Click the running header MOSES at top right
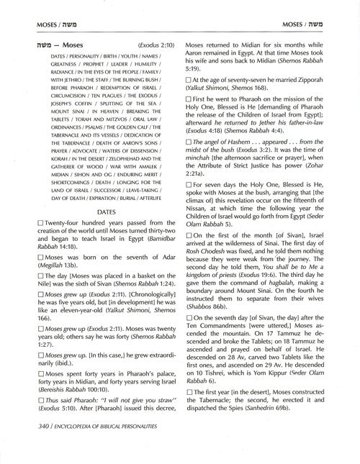310,24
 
